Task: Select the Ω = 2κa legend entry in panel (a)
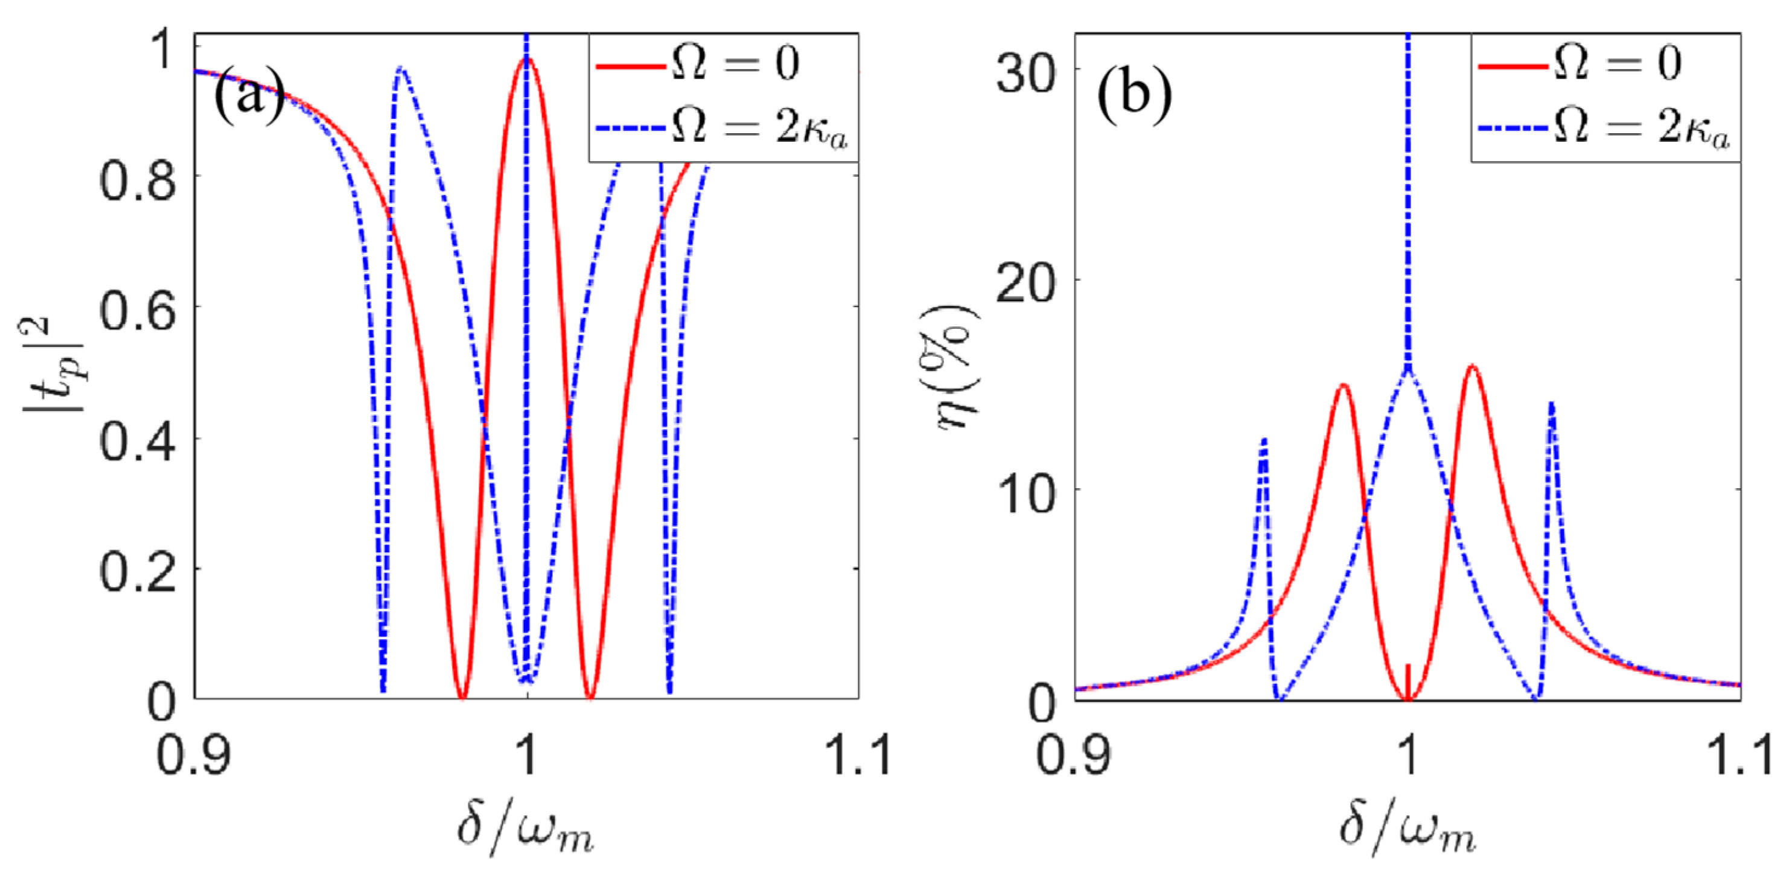[722, 129]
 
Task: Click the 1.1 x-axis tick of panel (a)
[858, 755]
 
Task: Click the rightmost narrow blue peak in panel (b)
[1551, 404]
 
